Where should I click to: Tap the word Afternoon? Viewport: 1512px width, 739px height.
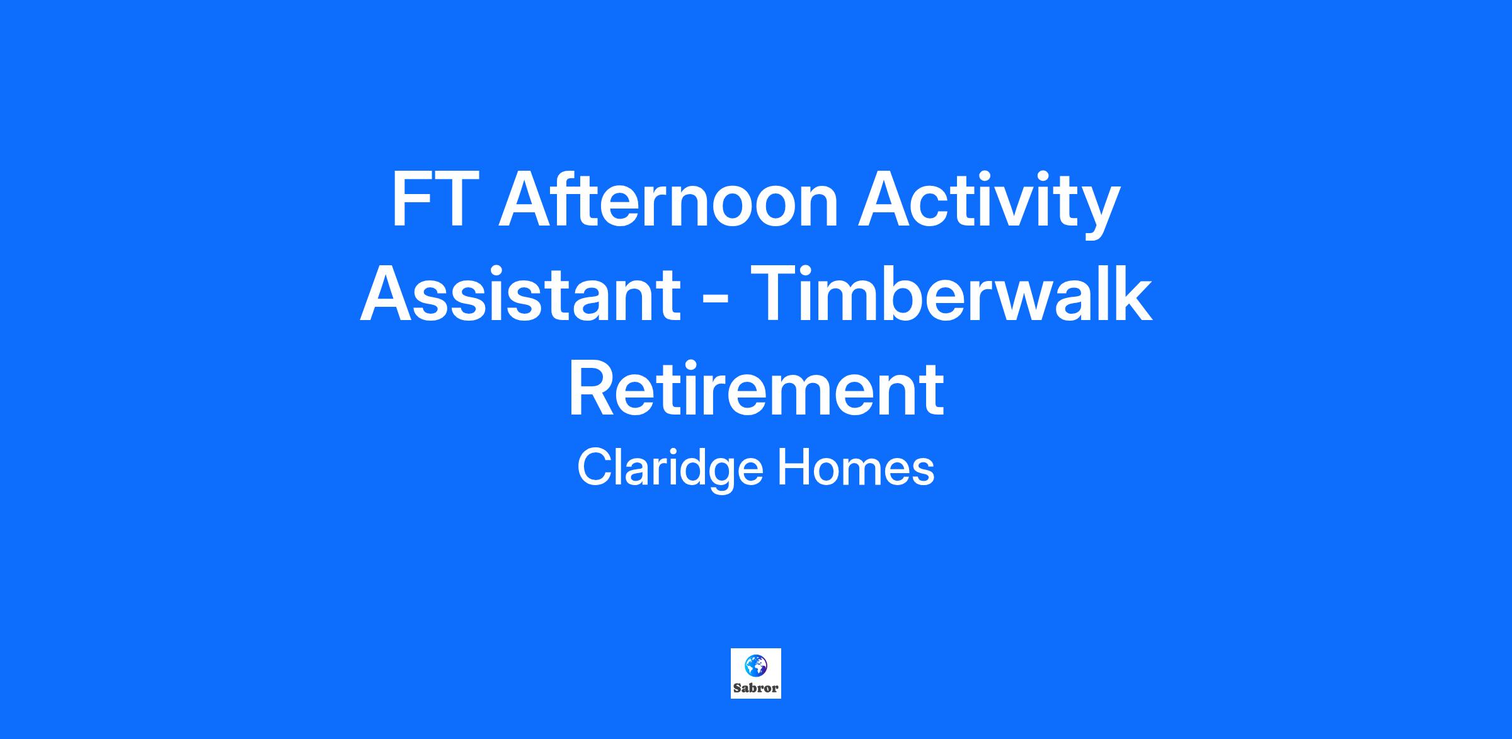668,198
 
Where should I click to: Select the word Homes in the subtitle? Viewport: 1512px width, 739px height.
856,468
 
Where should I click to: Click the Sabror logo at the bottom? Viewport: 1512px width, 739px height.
756,673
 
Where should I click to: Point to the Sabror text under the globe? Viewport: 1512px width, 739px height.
756,688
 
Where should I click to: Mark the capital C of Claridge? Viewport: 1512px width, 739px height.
595,468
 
